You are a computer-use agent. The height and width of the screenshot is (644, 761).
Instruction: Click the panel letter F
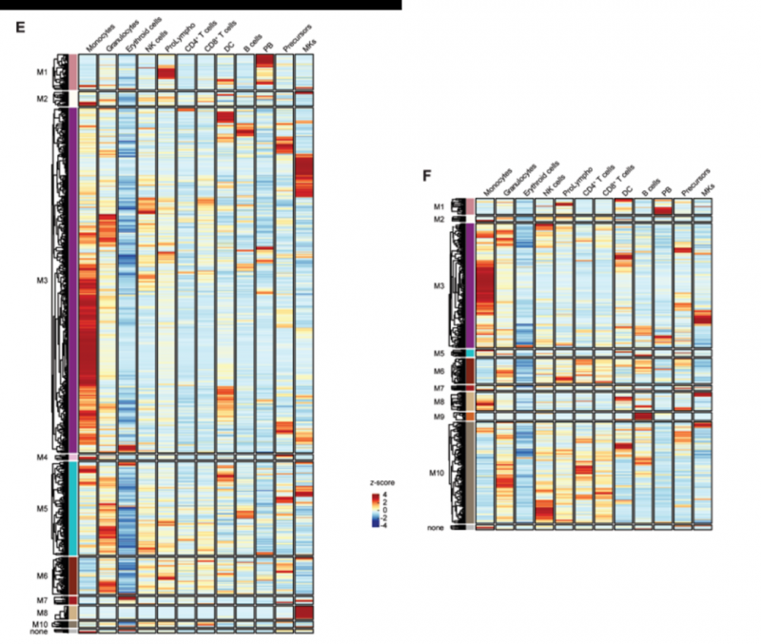click(427, 176)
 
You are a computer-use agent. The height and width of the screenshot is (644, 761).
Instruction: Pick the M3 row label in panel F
click(438, 285)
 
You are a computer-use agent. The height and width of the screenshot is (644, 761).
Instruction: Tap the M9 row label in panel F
click(438, 416)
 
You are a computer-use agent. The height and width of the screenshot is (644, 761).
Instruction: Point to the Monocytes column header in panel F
click(495, 185)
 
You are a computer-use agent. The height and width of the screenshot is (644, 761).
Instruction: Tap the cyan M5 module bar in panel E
click(72, 509)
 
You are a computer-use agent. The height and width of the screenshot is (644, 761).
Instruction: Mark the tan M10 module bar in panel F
click(469, 471)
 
